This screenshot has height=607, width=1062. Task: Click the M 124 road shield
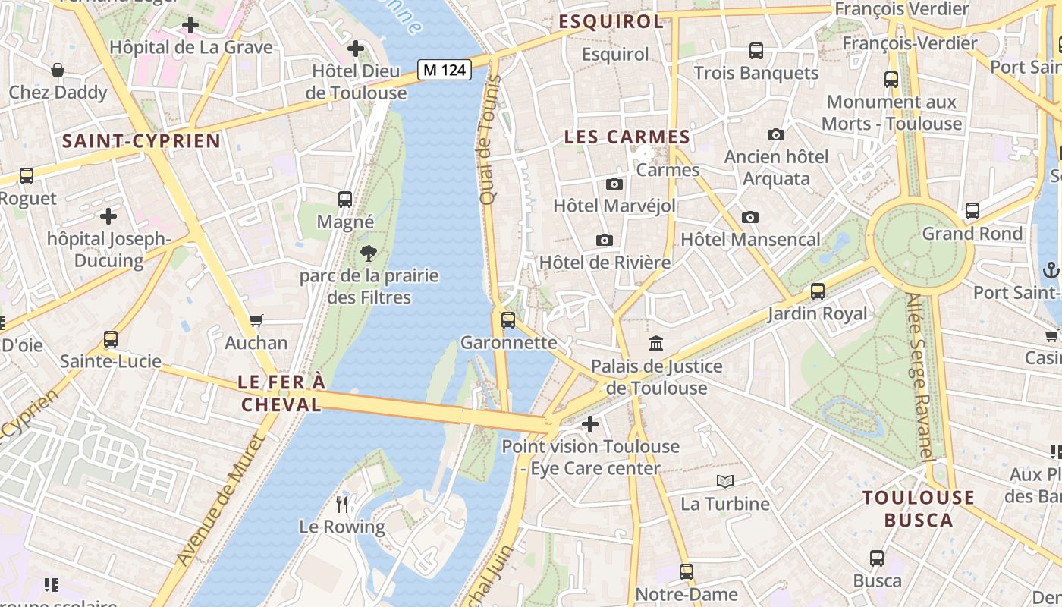click(x=445, y=71)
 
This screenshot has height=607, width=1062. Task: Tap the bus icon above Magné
click(x=345, y=200)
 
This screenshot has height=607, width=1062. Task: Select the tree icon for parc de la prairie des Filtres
click(x=369, y=253)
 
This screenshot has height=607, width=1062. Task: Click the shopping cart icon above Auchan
click(x=256, y=321)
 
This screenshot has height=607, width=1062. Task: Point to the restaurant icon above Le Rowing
click(x=342, y=503)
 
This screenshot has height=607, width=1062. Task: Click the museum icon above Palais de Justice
click(x=656, y=344)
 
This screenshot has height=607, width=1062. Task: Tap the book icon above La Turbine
click(x=725, y=481)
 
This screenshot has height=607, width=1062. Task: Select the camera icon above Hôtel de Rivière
click(x=605, y=240)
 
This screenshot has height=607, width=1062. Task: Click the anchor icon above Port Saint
click(x=1051, y=269)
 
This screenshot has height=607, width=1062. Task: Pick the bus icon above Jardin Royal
click(x=818, y=291)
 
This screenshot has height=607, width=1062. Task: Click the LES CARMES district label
click(x=627, y=137)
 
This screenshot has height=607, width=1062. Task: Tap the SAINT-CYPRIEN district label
click(x=141, y=141)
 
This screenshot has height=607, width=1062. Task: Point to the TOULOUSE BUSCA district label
click(x=919, y=509)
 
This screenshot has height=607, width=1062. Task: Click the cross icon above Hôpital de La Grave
click(x=190, y=25)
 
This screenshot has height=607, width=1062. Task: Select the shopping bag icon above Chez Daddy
click(x=58, y=71)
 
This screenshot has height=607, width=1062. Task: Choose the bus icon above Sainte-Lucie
click(x=111, y=338)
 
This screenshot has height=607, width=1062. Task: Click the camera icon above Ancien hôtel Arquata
click(x=776, y=134)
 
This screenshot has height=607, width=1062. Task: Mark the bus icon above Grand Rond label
click(x=972, y=211)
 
